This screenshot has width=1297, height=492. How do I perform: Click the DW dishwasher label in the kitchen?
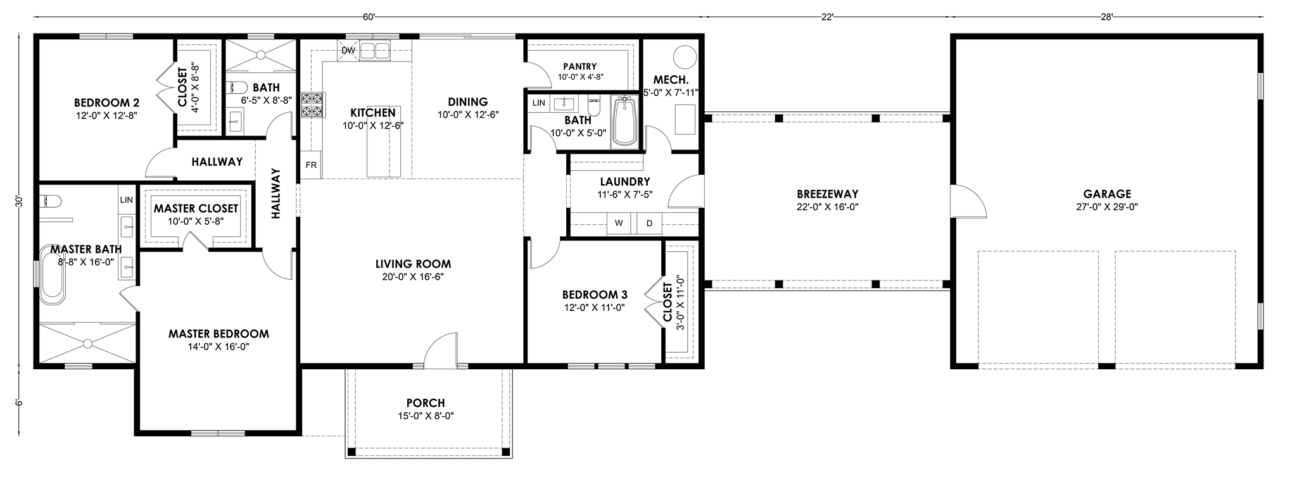pyautogui.click(x=348, y=50)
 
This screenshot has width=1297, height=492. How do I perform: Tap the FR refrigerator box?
pyautogui.click(x=311, y=165)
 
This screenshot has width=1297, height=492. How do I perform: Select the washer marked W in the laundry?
pyautogui.click(x=619, y=223)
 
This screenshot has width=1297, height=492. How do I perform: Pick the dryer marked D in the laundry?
pyautogui.click(x=649, y=223)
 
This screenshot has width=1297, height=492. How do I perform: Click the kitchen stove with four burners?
pyautogui.click(x=312, y=104)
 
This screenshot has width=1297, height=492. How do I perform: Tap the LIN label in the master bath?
pyautogui.click(x=127, y=200)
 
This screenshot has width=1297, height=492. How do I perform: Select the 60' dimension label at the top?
pyautogui.click(x=369, y=17)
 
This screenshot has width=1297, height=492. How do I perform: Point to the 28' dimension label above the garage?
pyautogui.click(x=1106, y=17)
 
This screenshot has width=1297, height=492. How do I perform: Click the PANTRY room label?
pyautogui.click(x=580, y=66)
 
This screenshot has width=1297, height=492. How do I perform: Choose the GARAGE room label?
pyautogui.click(x=1107, y=194)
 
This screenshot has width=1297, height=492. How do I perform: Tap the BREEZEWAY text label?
pyautogui.click(x=827, y=194)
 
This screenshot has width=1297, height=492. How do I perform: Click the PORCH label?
pyautogui.click(x=426, y=403)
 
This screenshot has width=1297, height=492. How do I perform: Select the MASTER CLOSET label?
pyautogui.click(x=196, y=208)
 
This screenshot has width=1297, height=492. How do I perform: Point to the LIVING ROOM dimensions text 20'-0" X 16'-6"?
pyautogui.click(x=413, y=277)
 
